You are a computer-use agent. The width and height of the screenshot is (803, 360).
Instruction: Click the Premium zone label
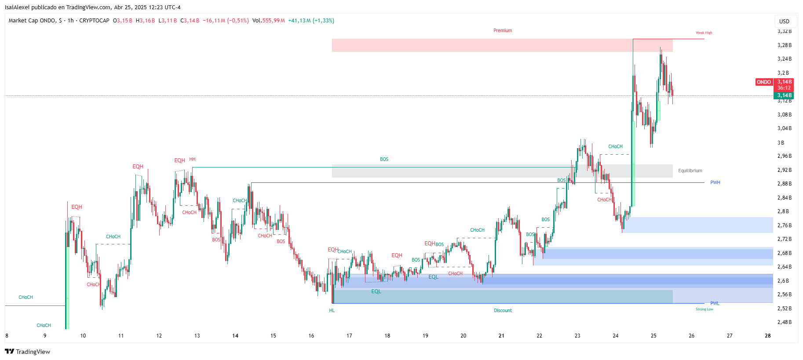(503, 31)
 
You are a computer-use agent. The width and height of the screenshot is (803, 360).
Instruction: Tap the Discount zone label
(503, 311)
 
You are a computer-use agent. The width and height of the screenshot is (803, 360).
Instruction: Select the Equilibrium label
(690, 171)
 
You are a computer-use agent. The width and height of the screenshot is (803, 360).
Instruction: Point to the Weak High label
(704, 33)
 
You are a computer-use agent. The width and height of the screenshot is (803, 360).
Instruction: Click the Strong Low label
(704, 309)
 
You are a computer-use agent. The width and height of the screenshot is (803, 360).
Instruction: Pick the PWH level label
(715, 183)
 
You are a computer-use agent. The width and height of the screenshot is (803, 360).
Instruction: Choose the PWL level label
(715, 304)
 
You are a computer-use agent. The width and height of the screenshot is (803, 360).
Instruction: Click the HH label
(192, 160)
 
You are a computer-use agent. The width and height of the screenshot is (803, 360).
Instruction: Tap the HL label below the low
(332, 311)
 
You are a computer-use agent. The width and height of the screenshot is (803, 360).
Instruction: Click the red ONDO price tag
(764, 82)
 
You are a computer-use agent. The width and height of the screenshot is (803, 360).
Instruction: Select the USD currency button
(784, 22)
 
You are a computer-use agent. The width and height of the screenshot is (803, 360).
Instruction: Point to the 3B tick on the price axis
(781, 143)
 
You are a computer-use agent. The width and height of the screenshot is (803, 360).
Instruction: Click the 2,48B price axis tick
(784, 322)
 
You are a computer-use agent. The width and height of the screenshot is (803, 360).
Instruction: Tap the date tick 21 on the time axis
(501, 336)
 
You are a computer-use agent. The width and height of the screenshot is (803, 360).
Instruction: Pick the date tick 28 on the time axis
(767, 336)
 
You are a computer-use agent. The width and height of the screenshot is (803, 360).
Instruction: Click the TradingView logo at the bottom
(27, 352)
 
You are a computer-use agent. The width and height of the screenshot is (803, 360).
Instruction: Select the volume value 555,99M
(274, 21)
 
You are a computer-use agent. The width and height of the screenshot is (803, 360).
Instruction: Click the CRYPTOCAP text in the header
(94, 21)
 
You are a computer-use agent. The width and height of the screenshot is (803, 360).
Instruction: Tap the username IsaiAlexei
(17, 7)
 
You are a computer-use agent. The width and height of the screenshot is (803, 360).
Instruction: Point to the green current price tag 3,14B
(784, 95)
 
